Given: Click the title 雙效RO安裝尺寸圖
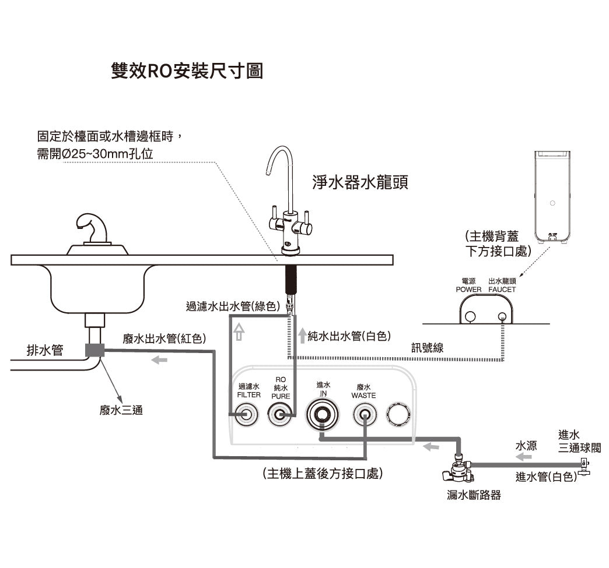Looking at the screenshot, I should pyautogui.click(x=187, y=71).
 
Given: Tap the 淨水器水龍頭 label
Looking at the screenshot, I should pyautogui.click(x=360, y=183).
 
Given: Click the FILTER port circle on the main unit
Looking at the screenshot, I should pyautogui.click(x=244, y=415).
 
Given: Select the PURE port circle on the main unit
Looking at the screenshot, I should pyautogui.click(x=281, y=415).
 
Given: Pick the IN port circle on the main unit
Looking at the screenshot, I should pyautogui.click(x=321, y=415).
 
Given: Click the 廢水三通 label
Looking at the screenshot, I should pyautogui.click(x=121, y=411).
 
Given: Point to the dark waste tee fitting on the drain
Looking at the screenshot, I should pyautogui.click(x=94, y=350).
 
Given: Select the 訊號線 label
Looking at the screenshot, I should pyautogui.click(x=428, y=348).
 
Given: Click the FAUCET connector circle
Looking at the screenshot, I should pyautogui.click(x=503, y=316).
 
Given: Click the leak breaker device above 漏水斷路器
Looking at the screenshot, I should pyautogui.click(x=458, y=470).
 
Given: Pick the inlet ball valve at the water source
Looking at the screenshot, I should pyautogui.click(x=583, y=465).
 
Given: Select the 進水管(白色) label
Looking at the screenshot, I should pyautogui.click(x=547, y=477).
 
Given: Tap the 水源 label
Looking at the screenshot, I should pyautogui.click(x=526, y=446).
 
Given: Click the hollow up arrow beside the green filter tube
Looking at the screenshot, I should pyautogui.click(x=238, y=333).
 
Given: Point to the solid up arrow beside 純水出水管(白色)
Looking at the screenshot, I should pyautogui.click(x=302, y=336).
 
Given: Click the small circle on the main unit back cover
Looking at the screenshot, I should pyautogui.click(x=552, y=203).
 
